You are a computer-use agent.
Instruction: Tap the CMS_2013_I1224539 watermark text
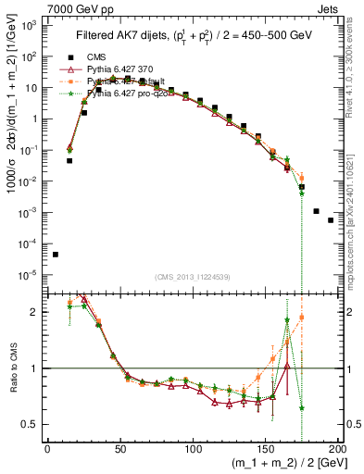(x=190, y=276)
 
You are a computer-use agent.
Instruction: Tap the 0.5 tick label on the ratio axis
(x=32, y=424)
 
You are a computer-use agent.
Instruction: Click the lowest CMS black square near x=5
(x=55, y=255)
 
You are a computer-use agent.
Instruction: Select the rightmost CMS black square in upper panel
(x=331, y=220)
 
